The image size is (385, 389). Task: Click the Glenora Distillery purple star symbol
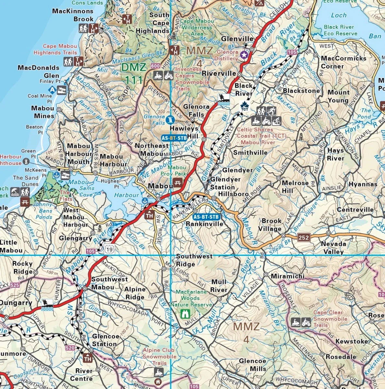pos(244,55)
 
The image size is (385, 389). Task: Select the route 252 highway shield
pos(304,237)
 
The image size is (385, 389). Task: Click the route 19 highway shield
pos(111,249)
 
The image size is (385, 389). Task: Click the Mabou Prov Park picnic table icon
pos(177,182)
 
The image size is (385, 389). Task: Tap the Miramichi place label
pos(287,276)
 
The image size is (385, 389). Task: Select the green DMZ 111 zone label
pos(134,73)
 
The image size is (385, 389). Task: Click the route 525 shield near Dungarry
pos(15,285)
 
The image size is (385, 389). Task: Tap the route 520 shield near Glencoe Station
pos(70,348)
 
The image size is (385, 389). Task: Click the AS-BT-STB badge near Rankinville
pos(206,217)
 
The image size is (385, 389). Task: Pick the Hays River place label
pos(335,154)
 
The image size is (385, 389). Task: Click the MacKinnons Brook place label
pos(73,15)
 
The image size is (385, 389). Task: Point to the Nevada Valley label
pos(333,248)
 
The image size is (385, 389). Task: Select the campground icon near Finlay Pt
pos(52,89)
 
